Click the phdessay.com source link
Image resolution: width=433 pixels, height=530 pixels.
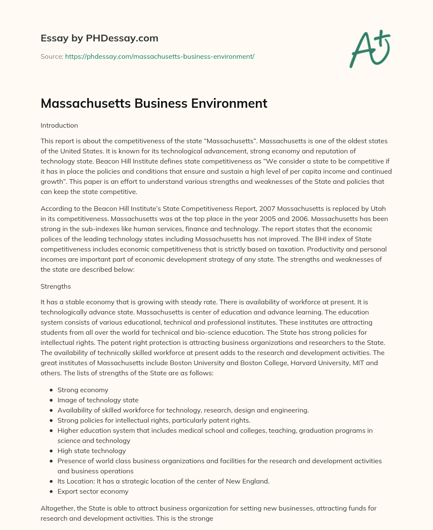pos(159,56)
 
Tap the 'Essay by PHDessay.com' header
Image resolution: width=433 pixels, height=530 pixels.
pos(99,38)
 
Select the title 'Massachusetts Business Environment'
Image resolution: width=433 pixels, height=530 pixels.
pos(154,104)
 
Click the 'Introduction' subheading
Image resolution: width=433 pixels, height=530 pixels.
pos(59,126)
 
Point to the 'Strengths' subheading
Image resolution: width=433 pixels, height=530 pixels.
pos(56,287)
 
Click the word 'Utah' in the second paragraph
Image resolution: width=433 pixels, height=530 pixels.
pos(378,209)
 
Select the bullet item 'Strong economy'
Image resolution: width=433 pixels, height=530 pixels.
pos(83,390)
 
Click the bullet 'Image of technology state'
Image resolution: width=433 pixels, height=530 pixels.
pos(98,400)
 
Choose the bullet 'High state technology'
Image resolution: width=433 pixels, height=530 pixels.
pos(92,451)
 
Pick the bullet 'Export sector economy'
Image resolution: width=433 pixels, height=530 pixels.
pos(93,492)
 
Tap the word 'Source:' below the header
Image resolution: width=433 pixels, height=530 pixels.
pos(52,56)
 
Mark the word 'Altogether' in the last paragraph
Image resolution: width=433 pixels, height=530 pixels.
pos(57,508)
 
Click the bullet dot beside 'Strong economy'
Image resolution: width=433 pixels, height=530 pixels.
pos(51,390)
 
